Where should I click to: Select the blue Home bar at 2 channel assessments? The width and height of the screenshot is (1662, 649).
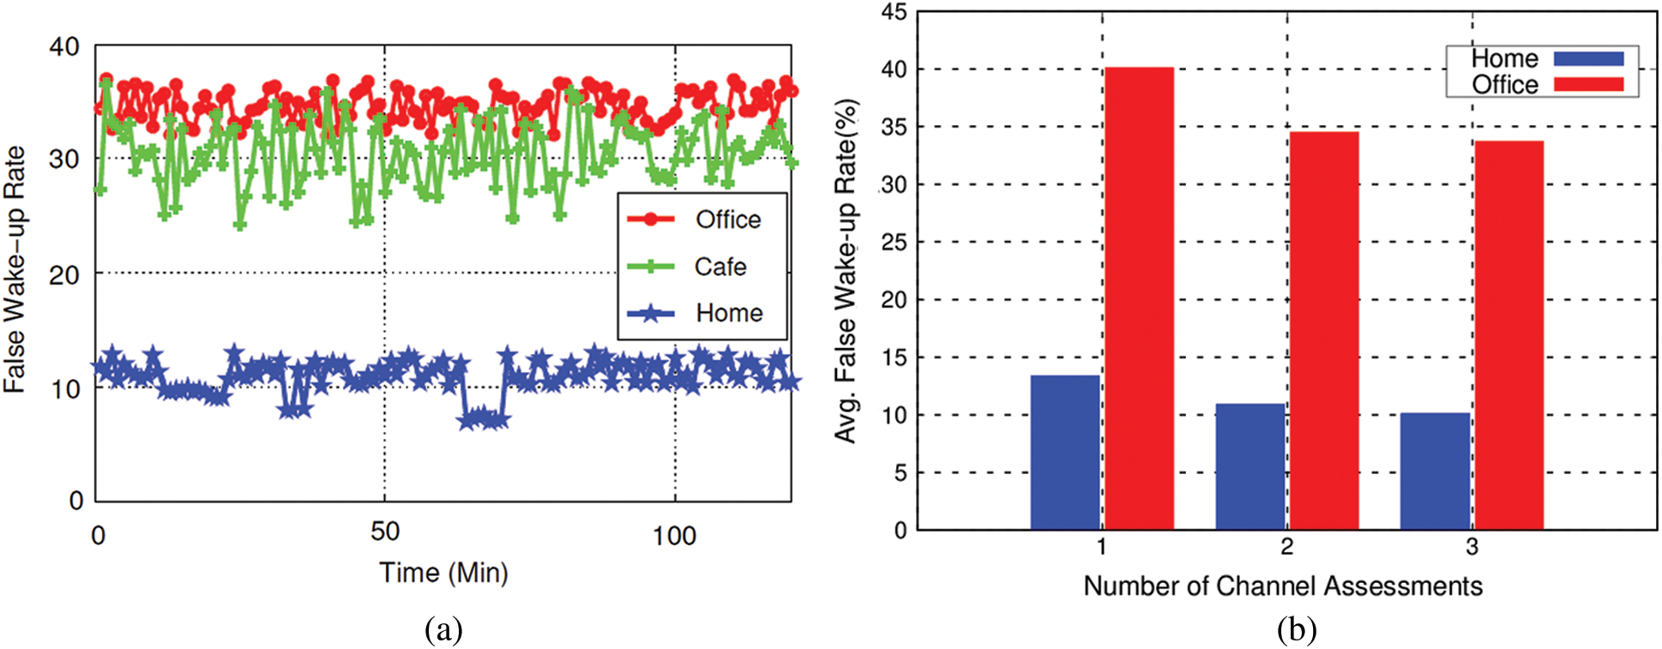[x=1250, y=466]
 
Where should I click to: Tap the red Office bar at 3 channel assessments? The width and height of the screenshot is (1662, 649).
[x=1508, y=335]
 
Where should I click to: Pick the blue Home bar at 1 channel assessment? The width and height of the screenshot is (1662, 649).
[x=1064, y=452]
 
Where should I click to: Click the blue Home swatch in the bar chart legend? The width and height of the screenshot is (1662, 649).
[x=1588, y=58]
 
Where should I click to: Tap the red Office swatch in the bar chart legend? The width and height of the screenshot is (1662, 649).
[x=1588, y=84]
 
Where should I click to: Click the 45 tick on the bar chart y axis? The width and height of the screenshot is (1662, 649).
[x=894, y=12]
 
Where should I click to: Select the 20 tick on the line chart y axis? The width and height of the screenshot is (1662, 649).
[x=64, y=275]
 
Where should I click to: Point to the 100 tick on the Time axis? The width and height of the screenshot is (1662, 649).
[x=673, y=537]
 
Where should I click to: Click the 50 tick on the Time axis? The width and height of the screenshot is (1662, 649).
[x=385, y=532]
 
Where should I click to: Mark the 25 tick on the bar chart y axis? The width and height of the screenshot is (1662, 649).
[x=894, y=243]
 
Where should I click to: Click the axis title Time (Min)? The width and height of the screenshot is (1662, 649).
[x=443, y=572]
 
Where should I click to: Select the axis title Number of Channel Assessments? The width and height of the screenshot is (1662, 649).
[x=1282, y=586]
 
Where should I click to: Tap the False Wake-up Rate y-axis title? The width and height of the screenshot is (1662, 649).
[x=15, y=270]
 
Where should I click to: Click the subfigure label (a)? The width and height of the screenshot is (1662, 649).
[x=443, y=630]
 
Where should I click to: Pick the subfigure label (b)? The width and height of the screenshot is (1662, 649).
[x=1296, y=630]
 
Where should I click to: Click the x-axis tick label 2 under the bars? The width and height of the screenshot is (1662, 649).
[x=1286, y=547]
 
